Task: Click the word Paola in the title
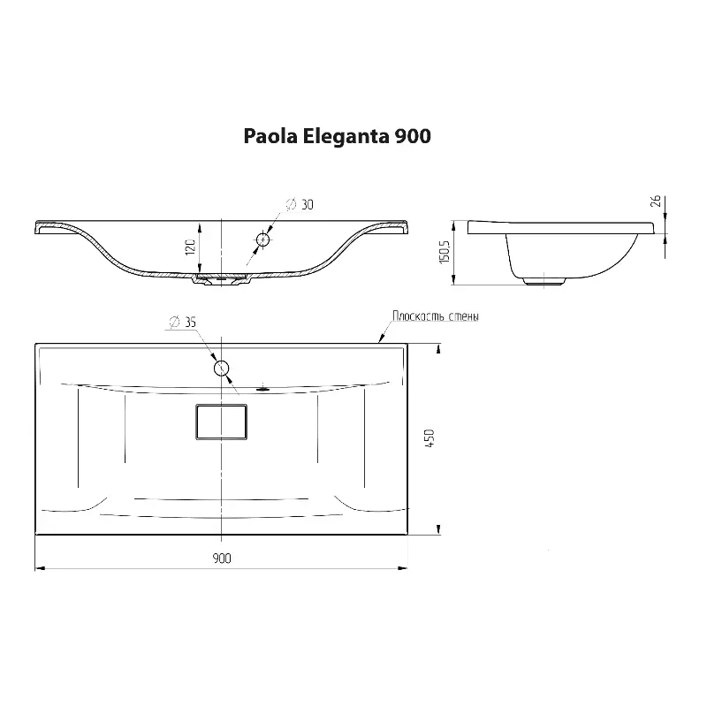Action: click(x=270, y=137)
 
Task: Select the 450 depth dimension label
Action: click(x=430, y=439)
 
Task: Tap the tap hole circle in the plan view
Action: click(x=221, y=367)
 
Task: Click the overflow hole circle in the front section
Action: click(x=262, y=239)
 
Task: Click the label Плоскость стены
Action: click(x=436, y=316)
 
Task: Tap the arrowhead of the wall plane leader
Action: click(x=380, y=340)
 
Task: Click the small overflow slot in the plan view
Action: click(x=262, y=386)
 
